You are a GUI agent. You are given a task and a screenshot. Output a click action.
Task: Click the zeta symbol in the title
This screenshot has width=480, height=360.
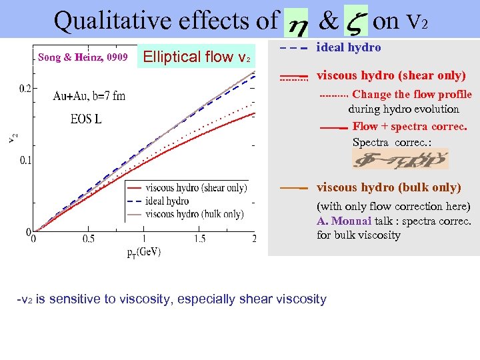355,23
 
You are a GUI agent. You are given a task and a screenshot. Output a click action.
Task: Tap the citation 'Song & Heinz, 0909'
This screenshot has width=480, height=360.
83,57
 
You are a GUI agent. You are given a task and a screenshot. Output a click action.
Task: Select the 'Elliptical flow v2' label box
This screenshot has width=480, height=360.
197,57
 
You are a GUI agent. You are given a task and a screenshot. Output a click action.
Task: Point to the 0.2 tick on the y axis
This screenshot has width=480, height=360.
24,88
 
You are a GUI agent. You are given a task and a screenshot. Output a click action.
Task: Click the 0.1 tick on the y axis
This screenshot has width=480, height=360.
24,160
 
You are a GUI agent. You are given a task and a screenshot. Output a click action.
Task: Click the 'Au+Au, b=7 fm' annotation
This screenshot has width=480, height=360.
89,96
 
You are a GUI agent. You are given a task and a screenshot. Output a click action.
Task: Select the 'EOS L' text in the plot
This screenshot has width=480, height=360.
87,120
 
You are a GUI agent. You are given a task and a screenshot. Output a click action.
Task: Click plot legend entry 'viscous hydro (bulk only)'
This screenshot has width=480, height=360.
194,214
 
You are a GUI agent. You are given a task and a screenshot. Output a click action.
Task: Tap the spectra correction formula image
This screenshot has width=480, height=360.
400,159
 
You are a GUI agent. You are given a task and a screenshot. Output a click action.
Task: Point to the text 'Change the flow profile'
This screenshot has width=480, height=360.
411,95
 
